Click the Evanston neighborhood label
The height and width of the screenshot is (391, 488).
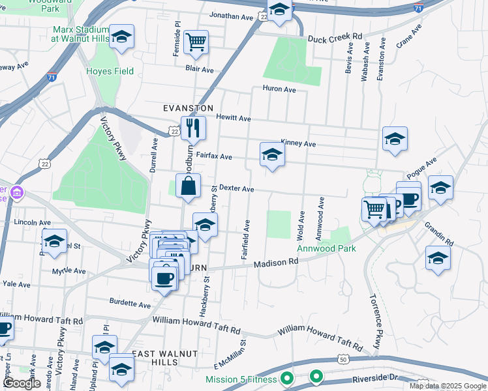[x=188, y=108]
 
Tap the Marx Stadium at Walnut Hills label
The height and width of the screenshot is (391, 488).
[x=80, y=34]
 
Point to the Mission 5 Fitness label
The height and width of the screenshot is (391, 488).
[x=241, y=379]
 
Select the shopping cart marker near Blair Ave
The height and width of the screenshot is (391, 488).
[x=196, y=42]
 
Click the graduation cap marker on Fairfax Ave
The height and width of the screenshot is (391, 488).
[x=272, y=154]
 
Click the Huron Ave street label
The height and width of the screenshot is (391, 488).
[x=279, y=89]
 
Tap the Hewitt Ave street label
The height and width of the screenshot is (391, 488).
[x=234, y=119]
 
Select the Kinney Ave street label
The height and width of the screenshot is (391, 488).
[x=298, y=143]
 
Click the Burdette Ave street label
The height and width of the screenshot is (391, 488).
[x=130, y=304]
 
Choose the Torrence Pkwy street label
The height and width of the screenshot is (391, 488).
[x=376, y=325]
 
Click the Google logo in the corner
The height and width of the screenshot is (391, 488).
[x=21, y=383]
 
